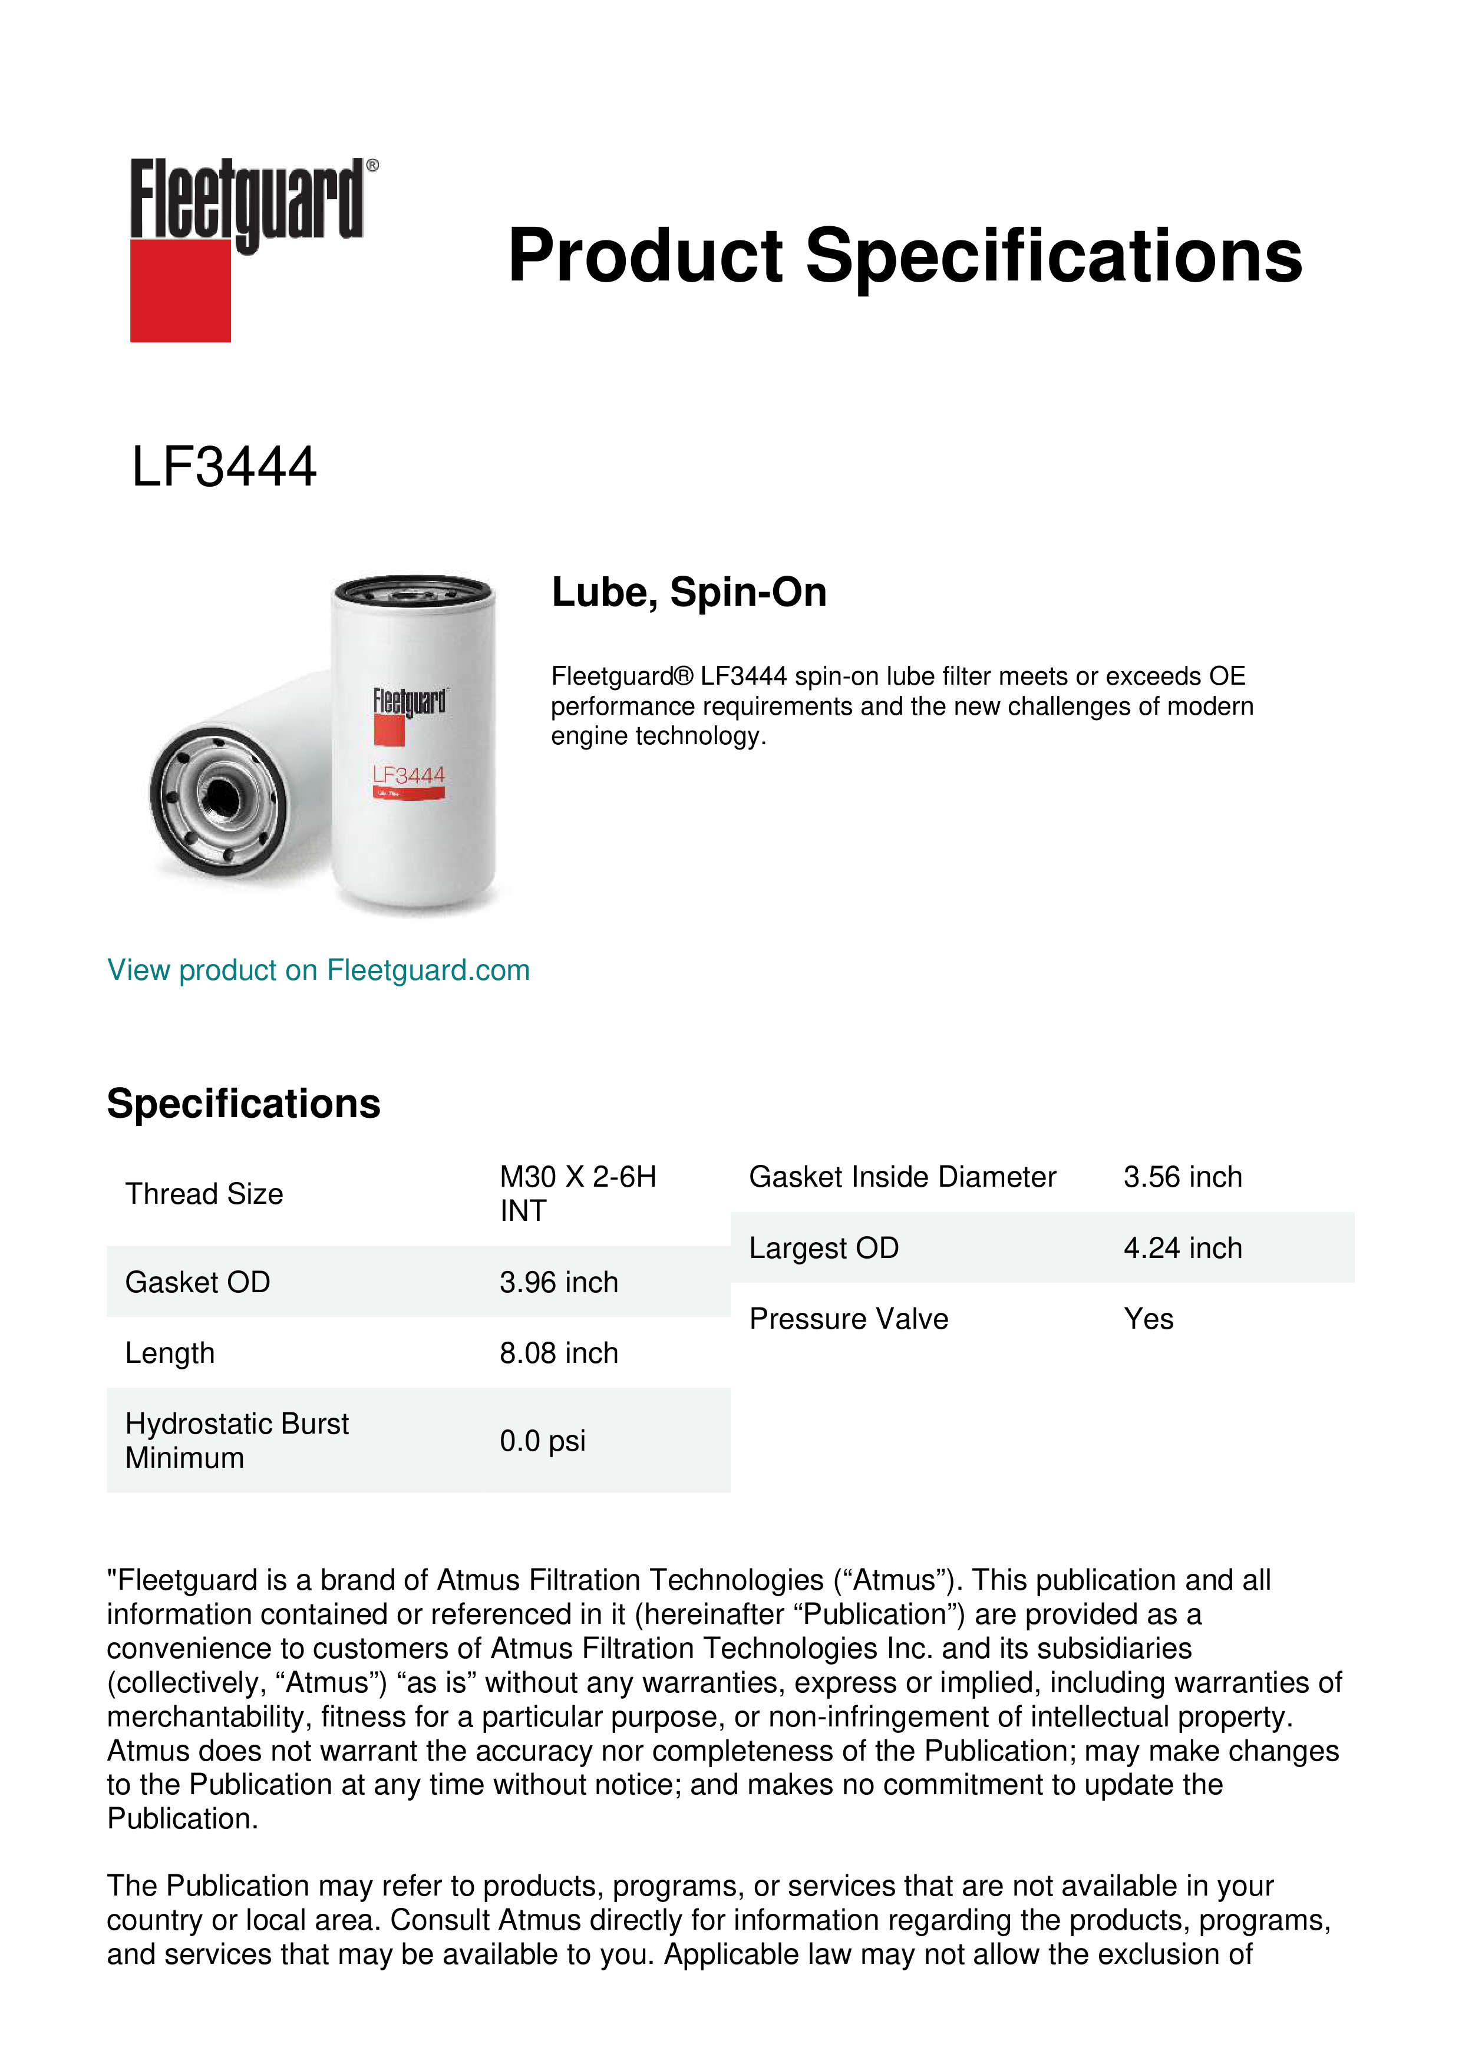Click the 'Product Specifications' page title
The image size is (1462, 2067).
tap(905, 256)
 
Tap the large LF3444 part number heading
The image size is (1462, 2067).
tap(224, 467)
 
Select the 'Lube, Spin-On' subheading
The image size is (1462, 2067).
tap(689, 592)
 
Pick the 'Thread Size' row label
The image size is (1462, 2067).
tap(204, 1194)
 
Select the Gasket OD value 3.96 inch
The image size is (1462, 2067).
tap(559, 1282)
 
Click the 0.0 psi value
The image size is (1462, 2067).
tap(542, 1441)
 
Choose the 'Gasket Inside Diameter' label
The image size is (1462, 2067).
tap(902, 1177)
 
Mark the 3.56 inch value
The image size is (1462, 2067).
tap(1182, 1177)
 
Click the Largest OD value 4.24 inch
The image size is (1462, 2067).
tap(1182, 1248)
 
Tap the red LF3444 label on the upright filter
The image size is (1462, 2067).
tap(409, 775)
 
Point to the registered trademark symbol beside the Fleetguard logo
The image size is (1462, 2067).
tap(372, 166)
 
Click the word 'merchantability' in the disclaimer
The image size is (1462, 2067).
tap(210, 1717)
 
